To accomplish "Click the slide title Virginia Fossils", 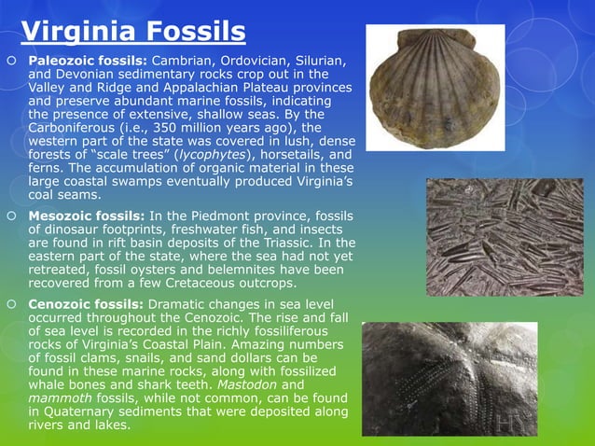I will pyautogui.click(x=133, y=32).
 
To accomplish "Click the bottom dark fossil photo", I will pyautogui.click(x=450, y=378).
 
